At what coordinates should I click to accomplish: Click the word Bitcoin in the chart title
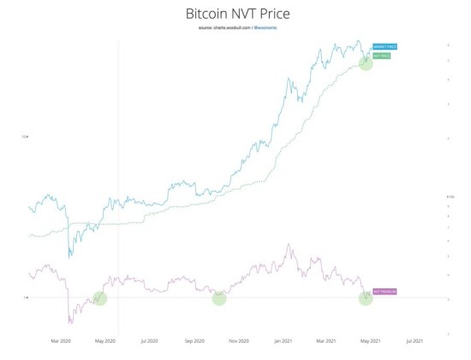207,15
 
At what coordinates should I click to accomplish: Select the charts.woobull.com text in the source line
225,29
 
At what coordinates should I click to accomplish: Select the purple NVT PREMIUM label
385,292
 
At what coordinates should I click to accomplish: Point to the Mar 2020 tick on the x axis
59,340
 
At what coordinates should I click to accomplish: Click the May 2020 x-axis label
104,340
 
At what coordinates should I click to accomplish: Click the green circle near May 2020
100,298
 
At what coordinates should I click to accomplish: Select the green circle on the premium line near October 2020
219,298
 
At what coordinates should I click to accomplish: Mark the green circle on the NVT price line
366,62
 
